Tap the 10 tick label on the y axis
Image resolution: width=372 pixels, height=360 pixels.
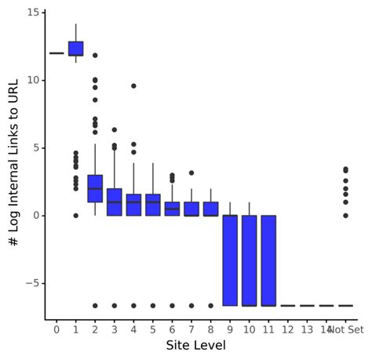click(32, 80)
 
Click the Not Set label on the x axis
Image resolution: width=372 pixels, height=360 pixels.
click(346, 330)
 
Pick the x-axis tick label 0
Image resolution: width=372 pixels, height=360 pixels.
click(57, 330)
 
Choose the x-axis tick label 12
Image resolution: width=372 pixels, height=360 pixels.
click(288, 330)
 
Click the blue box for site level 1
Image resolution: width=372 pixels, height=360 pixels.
click(76, 49)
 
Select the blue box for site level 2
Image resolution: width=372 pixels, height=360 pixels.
click(95, 188)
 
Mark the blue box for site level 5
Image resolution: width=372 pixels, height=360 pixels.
click(153, 205)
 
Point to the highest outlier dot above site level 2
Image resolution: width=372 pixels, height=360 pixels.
click(95, 56)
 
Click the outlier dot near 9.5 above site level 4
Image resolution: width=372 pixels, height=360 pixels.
click(133, 86)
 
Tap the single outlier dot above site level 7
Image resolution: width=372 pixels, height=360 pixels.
click(191, 173)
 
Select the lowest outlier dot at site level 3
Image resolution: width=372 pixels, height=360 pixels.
click(115, 305)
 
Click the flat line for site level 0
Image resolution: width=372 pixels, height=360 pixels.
click(57, 53)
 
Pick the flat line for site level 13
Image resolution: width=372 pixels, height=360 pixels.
click(307, 305)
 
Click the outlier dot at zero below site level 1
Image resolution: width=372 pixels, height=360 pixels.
click(76, 215)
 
